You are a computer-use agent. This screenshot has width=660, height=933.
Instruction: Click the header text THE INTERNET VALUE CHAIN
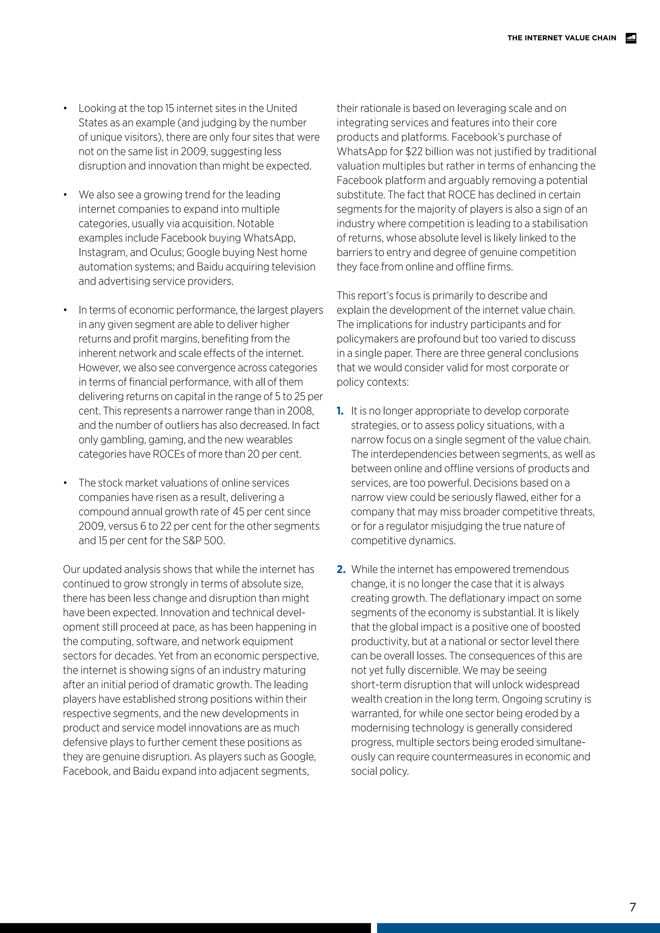(x=562, y=38)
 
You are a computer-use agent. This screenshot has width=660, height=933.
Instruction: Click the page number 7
(x=632, y=907)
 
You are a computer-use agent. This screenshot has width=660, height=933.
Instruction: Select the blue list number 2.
(x=341, y=569)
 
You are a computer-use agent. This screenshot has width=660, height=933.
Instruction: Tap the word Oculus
(x=166, y=252)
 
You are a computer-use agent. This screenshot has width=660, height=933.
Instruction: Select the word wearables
(x=268, y=440)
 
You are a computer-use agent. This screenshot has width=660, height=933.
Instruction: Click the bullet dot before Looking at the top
(x=65, y=109)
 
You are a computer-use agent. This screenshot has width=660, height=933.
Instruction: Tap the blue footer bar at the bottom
(x=518, y=928)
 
